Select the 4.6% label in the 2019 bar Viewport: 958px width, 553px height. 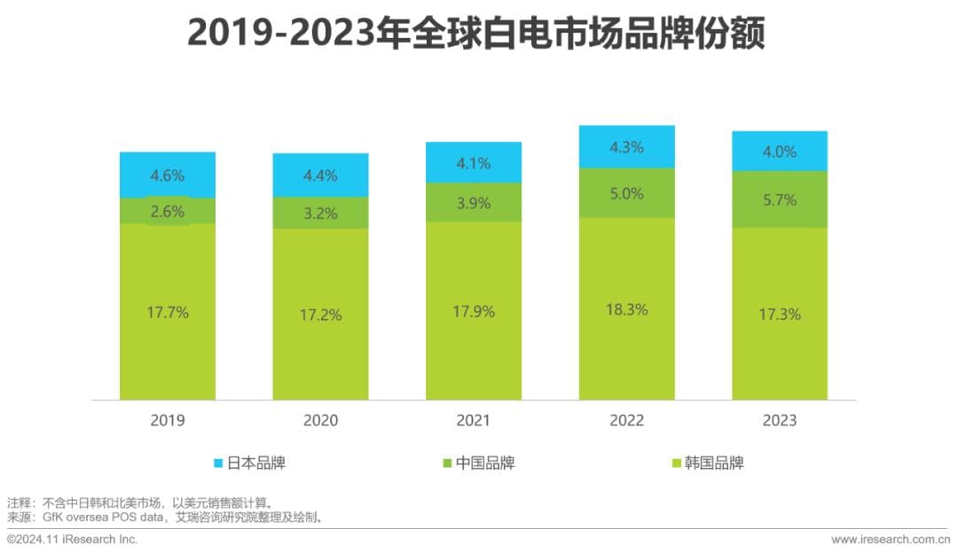click(x=168, y=175)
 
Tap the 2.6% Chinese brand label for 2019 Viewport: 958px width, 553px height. click(x=168, y=211)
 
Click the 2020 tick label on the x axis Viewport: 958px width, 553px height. click(x=320, y=420)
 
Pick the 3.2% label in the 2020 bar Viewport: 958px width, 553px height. click(x=320, y=213)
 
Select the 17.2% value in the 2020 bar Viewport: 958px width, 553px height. click(x=320, y=315)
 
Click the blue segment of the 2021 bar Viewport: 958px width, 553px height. click(x=474, y=162)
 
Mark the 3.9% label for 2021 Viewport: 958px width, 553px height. click(x=474, y=203)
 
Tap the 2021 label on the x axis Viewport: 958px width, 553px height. click(x=474, y=420)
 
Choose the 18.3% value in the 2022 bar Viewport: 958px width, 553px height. click(x=627, y=309)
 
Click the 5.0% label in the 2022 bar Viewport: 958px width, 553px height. click(x=627, y=193)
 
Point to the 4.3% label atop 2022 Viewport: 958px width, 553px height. click(x=627, y=147)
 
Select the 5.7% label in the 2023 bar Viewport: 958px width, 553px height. click(x=780, y=199)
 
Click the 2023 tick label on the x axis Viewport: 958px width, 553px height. click(x=780, y=420)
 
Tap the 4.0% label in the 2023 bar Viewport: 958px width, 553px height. click(x=780, y=152)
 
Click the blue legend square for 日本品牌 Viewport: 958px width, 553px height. click(x=219, y=463)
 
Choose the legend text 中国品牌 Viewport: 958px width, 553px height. click(x=485, y=463)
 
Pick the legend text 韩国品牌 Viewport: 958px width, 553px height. click(x=714, y=463)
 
